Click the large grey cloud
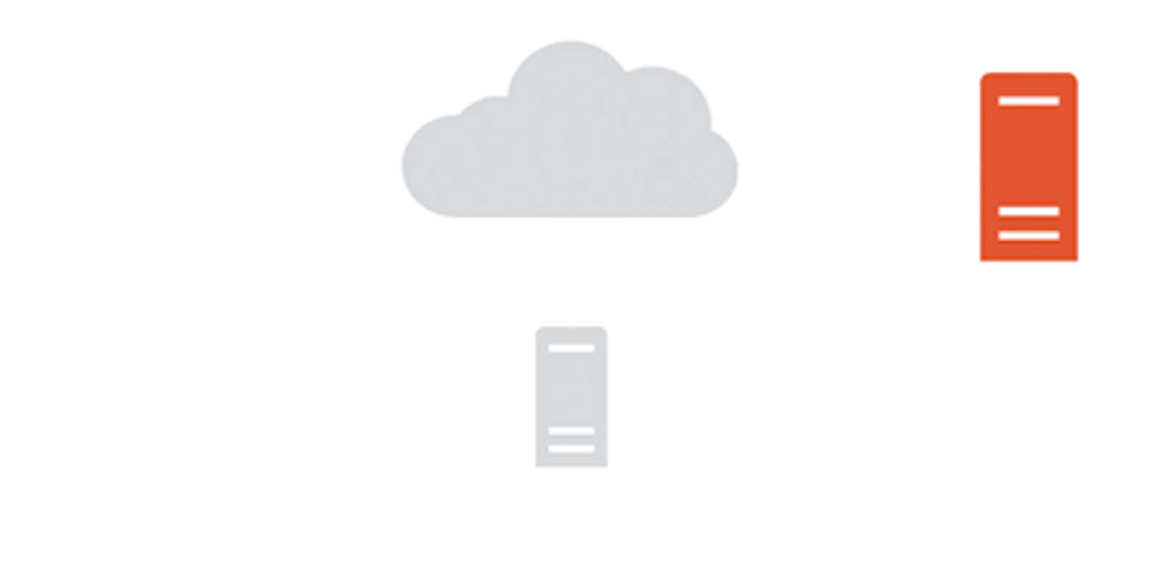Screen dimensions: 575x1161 (x=570, y=145)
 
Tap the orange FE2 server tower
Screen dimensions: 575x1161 (x=1028, y=167)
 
